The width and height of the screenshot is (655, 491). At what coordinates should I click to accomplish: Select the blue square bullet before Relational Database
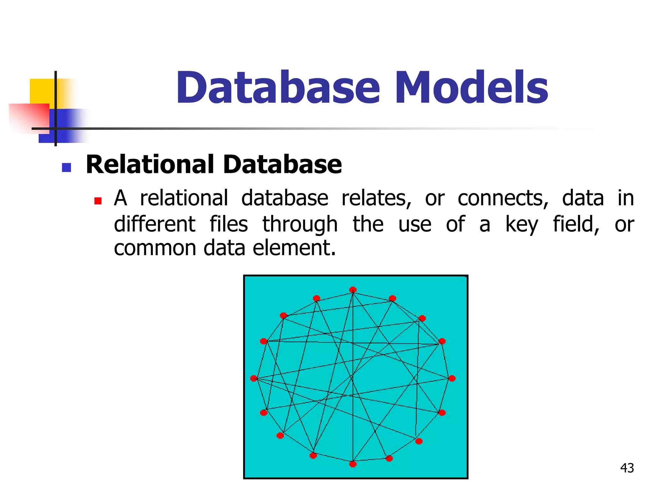point(66,168)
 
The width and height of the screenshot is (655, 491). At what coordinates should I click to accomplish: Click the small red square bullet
point(98,201)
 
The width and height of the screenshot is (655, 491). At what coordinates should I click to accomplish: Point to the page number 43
point(627,468)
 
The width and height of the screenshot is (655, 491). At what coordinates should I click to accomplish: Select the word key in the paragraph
point(522,224)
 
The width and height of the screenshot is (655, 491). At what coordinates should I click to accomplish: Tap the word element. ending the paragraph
point(294,248)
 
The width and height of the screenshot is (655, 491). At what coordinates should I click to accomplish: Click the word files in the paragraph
point(229,224)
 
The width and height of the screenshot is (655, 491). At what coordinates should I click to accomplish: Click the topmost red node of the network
point(353,290)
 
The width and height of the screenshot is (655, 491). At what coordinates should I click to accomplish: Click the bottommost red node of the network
point(353,464)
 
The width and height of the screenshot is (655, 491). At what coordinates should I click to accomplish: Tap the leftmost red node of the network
point(254,378)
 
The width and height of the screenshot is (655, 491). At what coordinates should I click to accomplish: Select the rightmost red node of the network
point(452,378)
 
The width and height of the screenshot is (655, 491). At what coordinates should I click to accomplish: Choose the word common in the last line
point(155,248)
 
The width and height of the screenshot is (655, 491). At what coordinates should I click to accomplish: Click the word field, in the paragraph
point(576,224)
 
